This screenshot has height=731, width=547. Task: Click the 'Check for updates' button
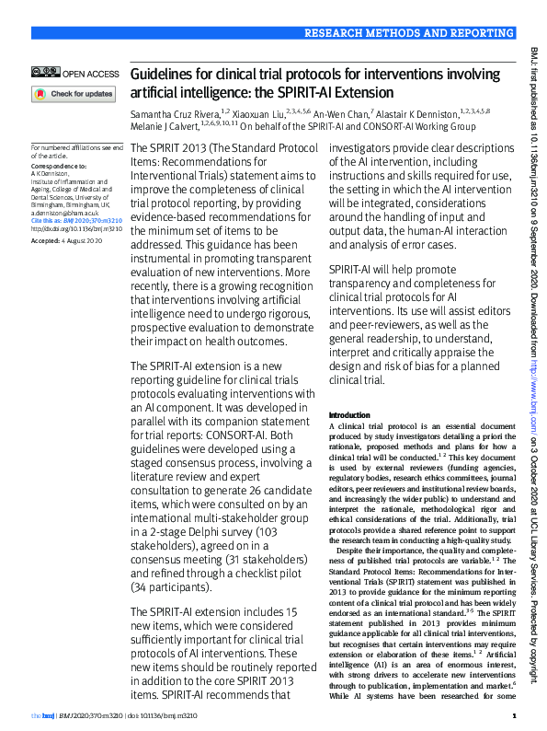click(x=74, y=94)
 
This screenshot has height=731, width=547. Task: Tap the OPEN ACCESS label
click(x=90, y=73)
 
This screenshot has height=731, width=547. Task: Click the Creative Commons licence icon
click(x=45, y=73)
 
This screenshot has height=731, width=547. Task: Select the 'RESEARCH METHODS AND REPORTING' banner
click(x=409, y=34)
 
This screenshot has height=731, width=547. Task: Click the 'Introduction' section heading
click(x=349, y=415)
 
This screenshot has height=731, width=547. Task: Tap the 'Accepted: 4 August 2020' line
click(x=65, y=239)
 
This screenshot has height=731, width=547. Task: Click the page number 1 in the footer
click(x=514, y=715)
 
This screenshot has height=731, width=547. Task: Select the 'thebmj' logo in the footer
click(x=41, y=715)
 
